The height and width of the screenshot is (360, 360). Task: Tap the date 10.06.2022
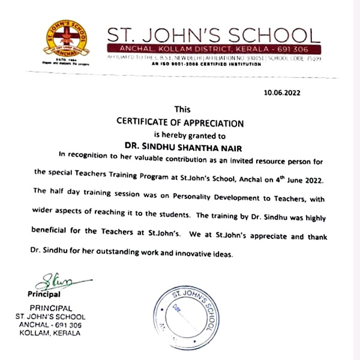click(x=281, y=93)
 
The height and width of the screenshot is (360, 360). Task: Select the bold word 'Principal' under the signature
click(x=44, y=295)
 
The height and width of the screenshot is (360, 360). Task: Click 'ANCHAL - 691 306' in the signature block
click(x=50, y=325)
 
